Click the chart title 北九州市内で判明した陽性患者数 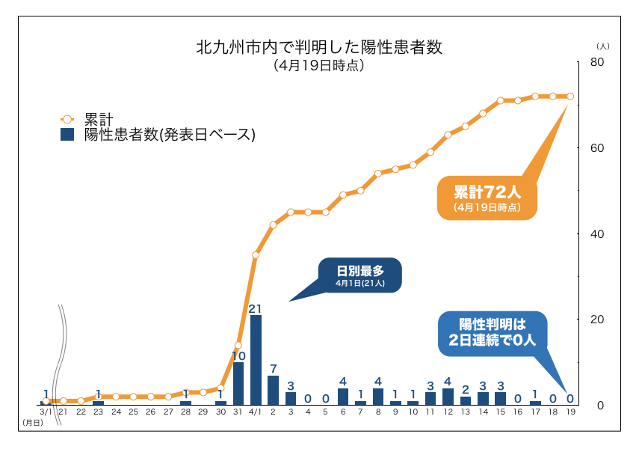[319, 48]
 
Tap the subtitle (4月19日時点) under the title [319, 66]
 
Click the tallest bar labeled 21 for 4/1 [256, 360]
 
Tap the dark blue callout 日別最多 [359, 275]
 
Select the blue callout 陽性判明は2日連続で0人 [493, 332]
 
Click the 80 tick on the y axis [596, 62]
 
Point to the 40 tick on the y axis [596, 233]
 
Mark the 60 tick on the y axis [596, 148]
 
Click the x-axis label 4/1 [255, 412]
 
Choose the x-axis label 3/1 [46, 412]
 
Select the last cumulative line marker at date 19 [570, 96]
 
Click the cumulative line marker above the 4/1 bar [256, 255]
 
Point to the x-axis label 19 [570, 412]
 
